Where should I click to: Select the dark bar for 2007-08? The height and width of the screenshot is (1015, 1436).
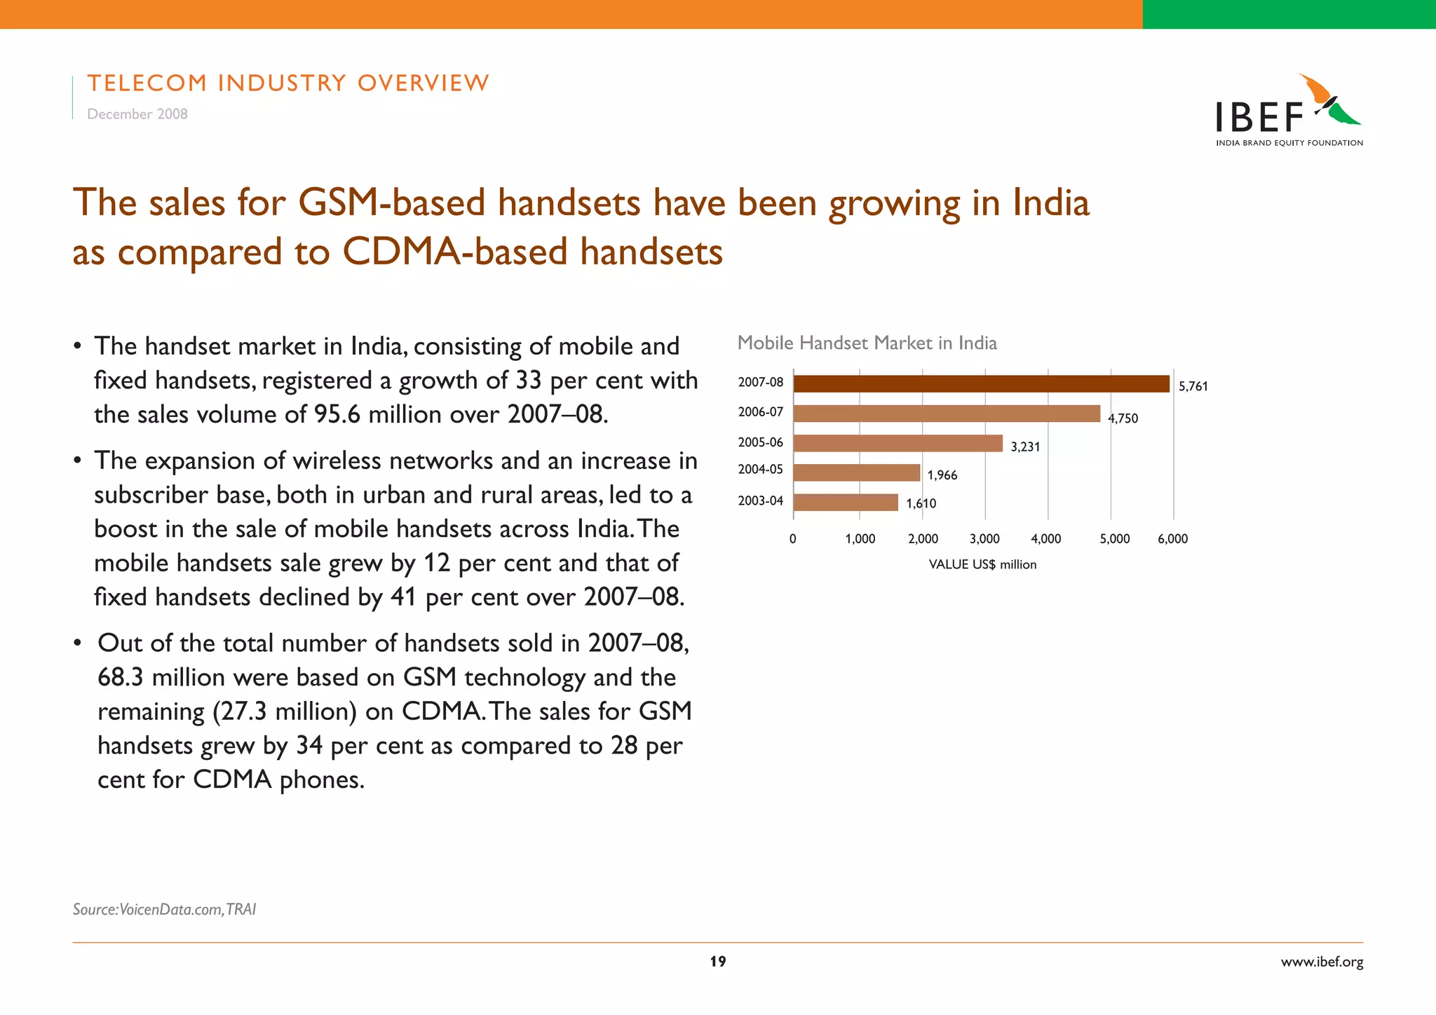coord(981,384)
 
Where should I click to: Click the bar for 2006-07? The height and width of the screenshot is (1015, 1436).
coord(947,414)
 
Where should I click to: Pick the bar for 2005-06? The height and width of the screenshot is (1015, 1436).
coord(897,444)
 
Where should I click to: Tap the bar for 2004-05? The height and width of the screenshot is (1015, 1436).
coord(856,472)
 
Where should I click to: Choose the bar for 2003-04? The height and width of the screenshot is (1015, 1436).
coord(846,503)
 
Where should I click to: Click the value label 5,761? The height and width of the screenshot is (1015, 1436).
coord(1193,386)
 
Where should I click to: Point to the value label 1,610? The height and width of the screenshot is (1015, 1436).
coord(921,503)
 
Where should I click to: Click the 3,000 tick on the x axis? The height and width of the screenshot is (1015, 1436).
coord(984,539)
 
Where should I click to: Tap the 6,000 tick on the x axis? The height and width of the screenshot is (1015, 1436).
coord(1172,539)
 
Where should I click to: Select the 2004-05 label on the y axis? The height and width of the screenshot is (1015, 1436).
coord(760,470)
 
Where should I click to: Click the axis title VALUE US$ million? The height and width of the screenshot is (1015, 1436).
coord(982,565)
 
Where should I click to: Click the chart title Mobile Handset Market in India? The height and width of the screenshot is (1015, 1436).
coord(867,343)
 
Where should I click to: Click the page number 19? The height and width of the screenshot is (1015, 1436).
coord(718,962)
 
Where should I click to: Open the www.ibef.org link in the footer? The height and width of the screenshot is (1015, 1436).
coord(1322,962)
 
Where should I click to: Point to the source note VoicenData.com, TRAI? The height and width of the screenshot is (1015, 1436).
coord(164,909)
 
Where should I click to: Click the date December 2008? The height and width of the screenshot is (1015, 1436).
coord(137,114)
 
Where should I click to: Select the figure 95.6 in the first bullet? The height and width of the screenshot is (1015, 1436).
coord(337,415)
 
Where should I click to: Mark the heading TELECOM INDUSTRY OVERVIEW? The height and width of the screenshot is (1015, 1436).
coord(288,83)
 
